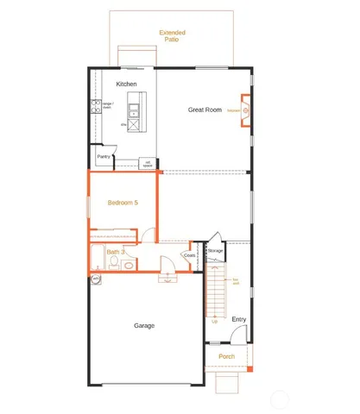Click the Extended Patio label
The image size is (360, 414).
pyautogui.click(x=172, y=36)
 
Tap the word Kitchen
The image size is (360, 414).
pyautogui.click(x=127, y=84)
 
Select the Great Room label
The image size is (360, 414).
pyautogui.click(x=205, y=110)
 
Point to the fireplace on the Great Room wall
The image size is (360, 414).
pyautogui.click(x=245, y=110)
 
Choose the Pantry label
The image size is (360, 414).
pyautogui.click(x=104, y=156)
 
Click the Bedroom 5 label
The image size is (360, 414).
pyautogui.click(x=122, y=203)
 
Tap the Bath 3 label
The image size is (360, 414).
pyautogui.click(x=116, y=251)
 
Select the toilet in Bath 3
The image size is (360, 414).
pyautogui.click(x=128, y=264)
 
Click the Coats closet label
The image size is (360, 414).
pyautogui.click(x=189, y=254)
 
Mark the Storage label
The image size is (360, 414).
pyautogui.click(x=215, y=250)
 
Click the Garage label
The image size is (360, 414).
pyautogui.click(x=144, y=326)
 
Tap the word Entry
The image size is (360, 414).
pyautogui.click(x=239, y=319)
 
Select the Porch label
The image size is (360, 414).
pyautogui.click(x=227, y=356)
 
